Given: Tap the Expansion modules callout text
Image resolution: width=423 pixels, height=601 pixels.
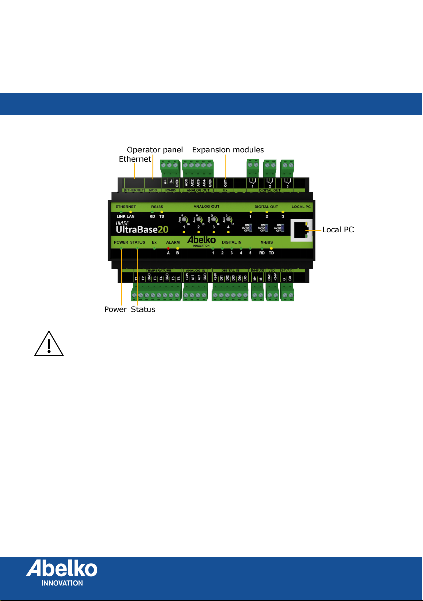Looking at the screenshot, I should [x=229, y=150].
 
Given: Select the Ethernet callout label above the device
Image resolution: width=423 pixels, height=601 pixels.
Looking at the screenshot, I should [x=135, y=159].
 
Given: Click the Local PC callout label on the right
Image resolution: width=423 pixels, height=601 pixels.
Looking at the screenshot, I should [x=338, y=229].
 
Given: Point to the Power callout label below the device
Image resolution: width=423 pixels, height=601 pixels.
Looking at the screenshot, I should [x=115, y=310].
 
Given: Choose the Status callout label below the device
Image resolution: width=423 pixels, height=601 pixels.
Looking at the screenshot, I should [x=143, y=310].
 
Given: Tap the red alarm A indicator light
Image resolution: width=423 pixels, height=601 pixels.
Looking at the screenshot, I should [x=168, y=248].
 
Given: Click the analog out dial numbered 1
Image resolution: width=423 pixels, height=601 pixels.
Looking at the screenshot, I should [x=185, y=219].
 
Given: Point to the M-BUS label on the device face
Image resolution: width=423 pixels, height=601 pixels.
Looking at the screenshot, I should [x=267, y=243].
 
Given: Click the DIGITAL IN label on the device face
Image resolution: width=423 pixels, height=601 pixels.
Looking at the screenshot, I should [x=232, y=243].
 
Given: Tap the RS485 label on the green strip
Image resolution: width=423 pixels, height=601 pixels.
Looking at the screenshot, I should [x=157, y=206].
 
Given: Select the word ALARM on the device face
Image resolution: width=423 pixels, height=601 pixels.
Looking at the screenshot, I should [x=173, y=243].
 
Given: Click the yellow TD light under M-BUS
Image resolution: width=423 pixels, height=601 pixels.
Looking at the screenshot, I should [x=271, y=248].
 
